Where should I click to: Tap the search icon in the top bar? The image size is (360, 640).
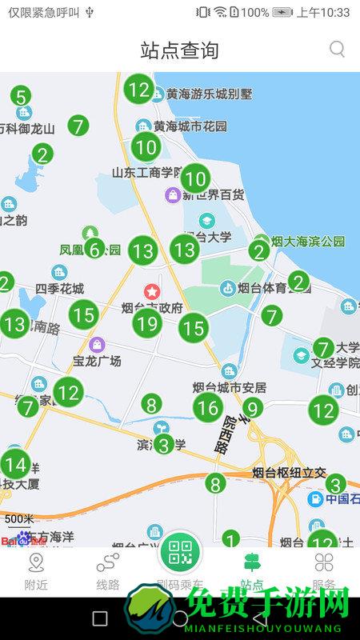pyautogui.click(x=338, y=50)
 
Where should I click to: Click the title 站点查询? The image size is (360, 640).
pyautogui.click(x=179, y=50)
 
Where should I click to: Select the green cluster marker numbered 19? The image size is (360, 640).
pyautogui.click(x=146, y=323)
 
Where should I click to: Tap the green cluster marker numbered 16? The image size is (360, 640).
pyautogui.click(x=208, y=408)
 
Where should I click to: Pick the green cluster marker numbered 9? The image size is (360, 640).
pyautogui.click(x=253, y=408)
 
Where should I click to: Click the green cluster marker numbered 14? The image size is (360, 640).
pyautogui.click(x=14, y=464)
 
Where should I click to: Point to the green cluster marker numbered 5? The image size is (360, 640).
pyautogui.click(x=21, y=97)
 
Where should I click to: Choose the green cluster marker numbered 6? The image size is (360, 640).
pyautogui.click(x=94, y=250)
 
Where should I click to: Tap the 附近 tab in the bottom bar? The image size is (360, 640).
pyautogui.click(x=36, y=571)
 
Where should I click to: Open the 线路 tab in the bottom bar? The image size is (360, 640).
pyautogui.click(x=108, y=571)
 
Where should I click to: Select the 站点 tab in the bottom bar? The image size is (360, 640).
pyautogui.click(x=252, y=571)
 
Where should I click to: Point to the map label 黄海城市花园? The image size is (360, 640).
pyautogui.click(x=190, y=126)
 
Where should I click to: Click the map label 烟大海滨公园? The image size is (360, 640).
pyautogui.click(x=308, y=241)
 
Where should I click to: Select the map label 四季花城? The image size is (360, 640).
pyautogui.click(x=60, y=288)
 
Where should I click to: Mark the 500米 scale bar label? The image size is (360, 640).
pyautogui.click(x=19, y=518)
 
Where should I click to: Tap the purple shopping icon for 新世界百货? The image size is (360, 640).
pyautogui.click(x=172, y=194)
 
